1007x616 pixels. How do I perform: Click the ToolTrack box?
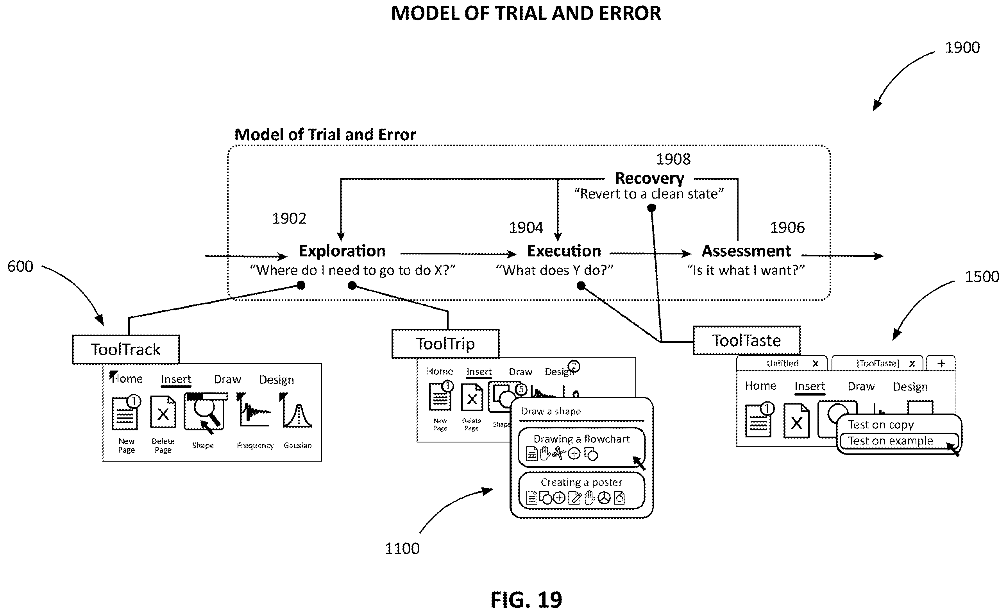tap(126, 349)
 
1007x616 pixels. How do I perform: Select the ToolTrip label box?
tap(445, 344)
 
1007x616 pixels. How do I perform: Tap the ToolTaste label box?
tap(747, 340)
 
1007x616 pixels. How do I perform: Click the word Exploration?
tap(342, 251)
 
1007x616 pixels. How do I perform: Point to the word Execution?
tap(564, 251)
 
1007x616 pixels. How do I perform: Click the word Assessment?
tap(746, 251)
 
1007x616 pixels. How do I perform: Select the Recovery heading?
tap(649, 178)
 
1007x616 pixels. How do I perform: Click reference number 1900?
tap(962, 48)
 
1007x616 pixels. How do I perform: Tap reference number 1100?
tap(402, 548)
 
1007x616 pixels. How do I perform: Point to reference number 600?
tap(20, 267)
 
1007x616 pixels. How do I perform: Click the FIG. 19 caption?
tap(526, 600)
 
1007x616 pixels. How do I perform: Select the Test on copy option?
tap(881, 425)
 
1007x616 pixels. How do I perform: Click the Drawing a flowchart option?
tap(581, 447)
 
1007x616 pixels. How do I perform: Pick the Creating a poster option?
tap(581, 491)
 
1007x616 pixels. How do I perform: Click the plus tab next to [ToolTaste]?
tap(941, 364)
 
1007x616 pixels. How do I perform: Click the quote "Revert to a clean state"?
tap(649, 194)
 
